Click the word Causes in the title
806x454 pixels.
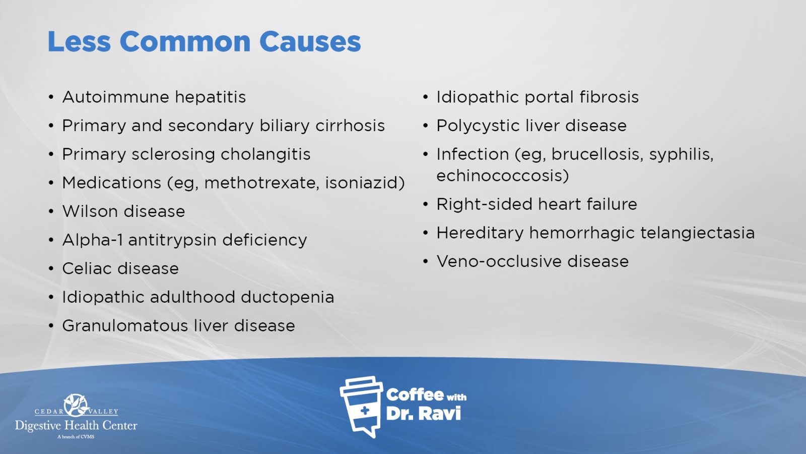pyautogui.click(x=310, y=41)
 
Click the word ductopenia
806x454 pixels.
pyautogui.click(x=287, y=297)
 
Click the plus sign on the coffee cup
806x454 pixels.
pyautogui.click(x=365, y=411)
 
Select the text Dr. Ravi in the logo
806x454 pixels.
pyautogui.click(x=423, y=414)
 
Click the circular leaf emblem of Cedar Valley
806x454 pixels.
pyautogui.click(x=76, y=405)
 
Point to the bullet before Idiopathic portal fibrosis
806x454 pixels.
pyautogui.click(x=426, y=97)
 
